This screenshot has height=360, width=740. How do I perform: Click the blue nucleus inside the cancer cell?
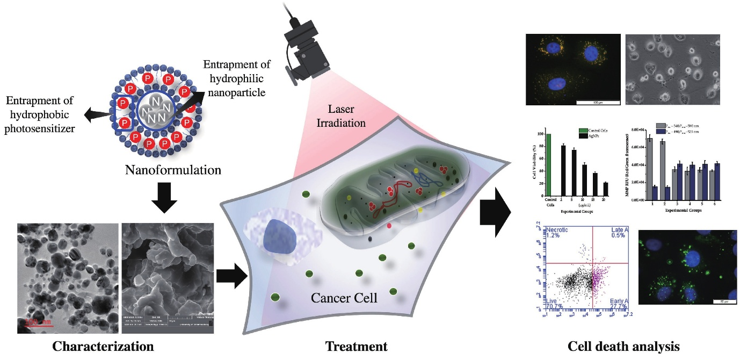click(280, 236)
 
